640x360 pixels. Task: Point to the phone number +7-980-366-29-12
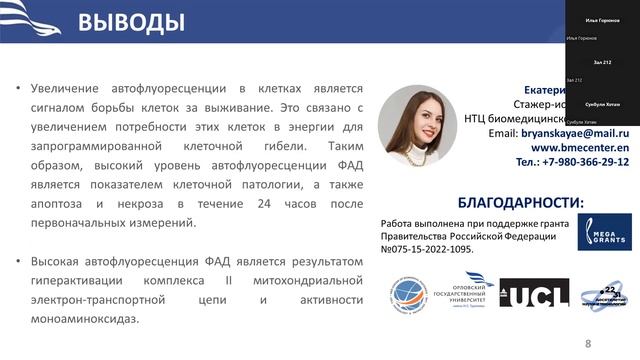[572, 161]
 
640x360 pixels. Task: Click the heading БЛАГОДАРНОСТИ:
[520, 201]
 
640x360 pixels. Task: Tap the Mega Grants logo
[603, 232]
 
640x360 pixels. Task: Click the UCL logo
[534, 292]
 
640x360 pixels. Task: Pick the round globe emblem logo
[408, 293]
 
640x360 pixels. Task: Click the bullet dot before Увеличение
[18, 88]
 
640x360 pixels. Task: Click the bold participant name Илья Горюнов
[602, 20]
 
